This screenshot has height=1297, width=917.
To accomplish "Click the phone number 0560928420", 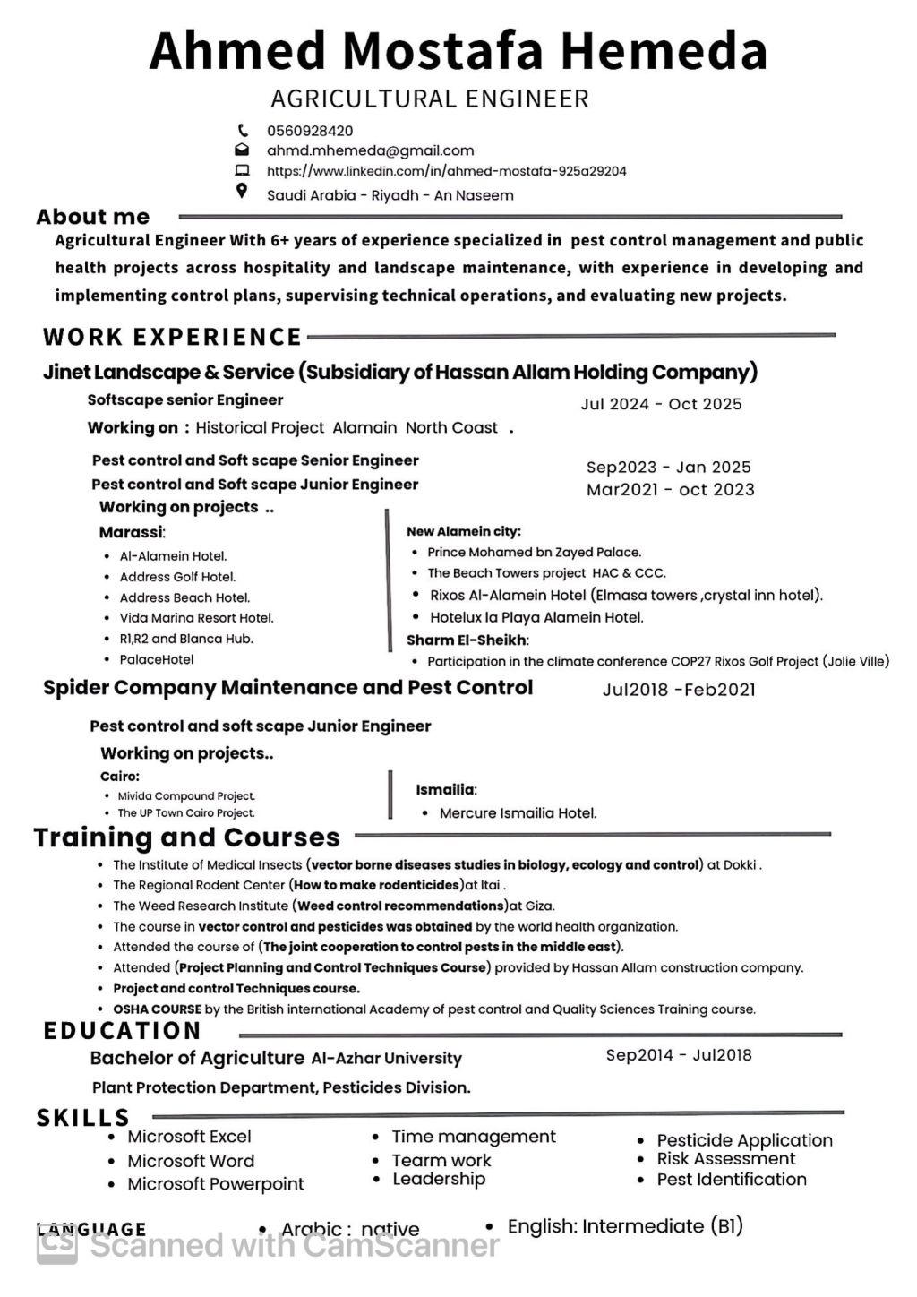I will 310,131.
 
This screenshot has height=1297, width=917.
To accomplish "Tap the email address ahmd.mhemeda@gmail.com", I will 370,150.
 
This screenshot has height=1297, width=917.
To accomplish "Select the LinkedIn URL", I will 446,171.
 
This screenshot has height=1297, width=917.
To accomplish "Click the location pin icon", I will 241,191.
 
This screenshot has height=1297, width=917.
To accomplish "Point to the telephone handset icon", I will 242,130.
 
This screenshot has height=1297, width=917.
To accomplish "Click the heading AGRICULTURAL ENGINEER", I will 430,99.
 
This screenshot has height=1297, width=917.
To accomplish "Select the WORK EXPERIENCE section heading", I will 172,337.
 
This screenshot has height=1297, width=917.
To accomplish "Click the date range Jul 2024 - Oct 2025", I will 661,404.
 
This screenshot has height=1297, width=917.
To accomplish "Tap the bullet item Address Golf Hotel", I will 177,577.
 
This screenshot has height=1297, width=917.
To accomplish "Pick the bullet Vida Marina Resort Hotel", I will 196,618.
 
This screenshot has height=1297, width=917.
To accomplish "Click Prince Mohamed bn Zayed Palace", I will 534,553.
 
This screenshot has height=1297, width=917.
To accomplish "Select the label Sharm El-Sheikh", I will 467,640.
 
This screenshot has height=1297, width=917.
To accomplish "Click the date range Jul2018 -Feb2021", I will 678,690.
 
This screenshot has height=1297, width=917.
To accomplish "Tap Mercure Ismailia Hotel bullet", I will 518,813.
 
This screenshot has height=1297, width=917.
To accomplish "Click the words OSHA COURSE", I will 157,1009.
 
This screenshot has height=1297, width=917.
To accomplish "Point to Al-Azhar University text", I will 386,1059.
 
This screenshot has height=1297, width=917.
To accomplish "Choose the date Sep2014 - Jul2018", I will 678,1055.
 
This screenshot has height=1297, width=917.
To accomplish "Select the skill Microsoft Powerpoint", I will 215,1184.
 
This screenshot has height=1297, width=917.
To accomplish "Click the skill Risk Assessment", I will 725,1159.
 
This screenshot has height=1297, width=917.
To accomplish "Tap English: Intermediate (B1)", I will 625,1226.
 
